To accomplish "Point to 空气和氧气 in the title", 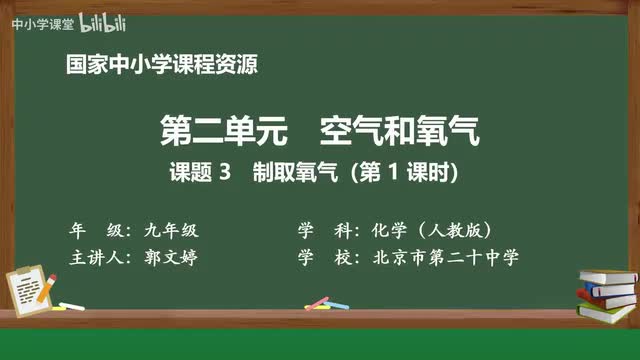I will [400, 131].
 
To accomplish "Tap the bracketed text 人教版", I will [458, 229].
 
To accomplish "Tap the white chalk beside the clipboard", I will [72, 305].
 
